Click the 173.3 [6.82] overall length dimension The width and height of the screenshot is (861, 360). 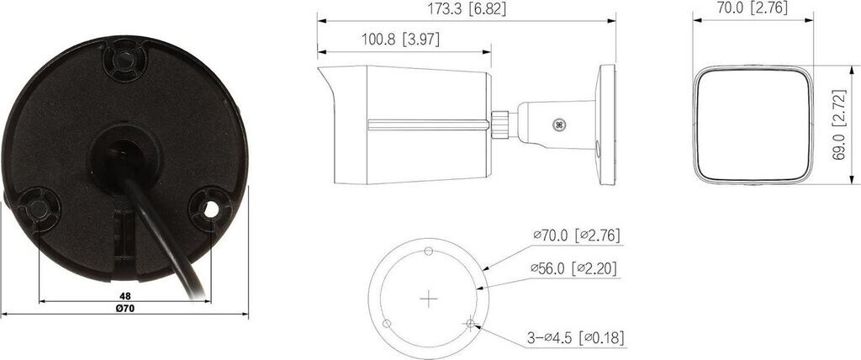[467, 8]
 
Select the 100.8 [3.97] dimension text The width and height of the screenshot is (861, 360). [400, 40]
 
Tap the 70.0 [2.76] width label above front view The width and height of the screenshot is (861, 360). [753, 8]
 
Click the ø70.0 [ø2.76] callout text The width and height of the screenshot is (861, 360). [577, 236]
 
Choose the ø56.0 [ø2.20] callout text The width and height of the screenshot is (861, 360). [573, 269]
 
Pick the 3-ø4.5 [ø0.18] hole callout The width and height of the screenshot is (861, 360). [575, 338]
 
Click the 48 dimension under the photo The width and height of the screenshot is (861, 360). [125, 296]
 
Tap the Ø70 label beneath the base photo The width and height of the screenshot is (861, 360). [125, 309]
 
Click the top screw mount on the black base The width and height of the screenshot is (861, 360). [124, 60]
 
